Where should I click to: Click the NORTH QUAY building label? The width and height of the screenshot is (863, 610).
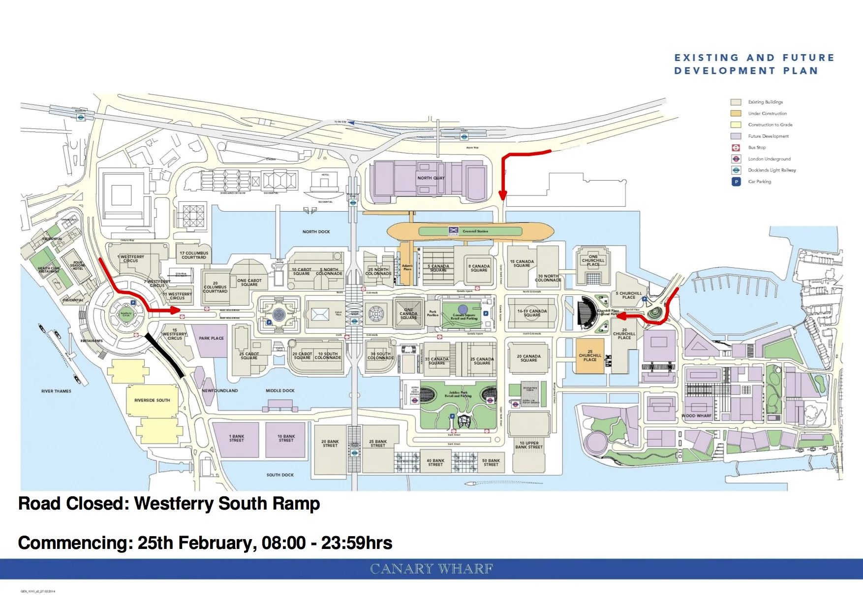431,178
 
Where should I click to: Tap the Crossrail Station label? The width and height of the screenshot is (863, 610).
475,231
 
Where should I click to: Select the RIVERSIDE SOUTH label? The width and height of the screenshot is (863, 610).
152,400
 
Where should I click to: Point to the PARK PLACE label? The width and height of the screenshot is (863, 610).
211,338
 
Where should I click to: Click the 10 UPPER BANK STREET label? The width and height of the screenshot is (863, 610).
529,445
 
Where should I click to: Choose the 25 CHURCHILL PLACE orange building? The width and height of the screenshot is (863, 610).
590,356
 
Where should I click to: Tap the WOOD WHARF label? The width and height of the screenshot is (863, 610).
696,416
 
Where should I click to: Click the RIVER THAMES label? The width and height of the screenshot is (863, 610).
56,391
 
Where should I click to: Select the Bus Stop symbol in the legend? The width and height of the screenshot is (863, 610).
736,148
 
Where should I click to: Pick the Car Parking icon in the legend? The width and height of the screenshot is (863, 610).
736,182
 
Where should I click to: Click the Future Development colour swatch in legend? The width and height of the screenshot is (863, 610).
736,136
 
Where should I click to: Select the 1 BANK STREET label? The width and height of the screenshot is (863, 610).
237,438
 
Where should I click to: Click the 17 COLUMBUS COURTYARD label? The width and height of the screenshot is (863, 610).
194,255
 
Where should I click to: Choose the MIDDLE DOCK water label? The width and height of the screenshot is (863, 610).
280,391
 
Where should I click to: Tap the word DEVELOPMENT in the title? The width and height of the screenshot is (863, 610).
725,71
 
